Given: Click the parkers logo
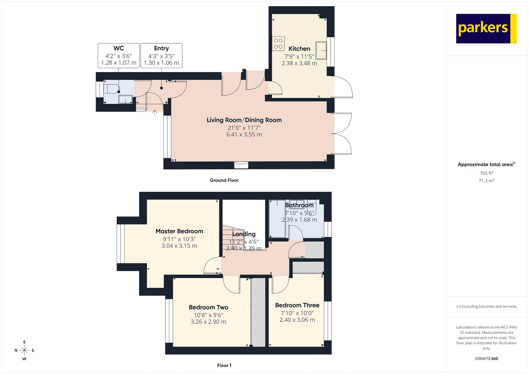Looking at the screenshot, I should [x=486, y=28].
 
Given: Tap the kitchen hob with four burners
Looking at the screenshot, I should [x=278, y=43].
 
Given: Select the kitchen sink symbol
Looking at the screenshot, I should [x=321, y=50].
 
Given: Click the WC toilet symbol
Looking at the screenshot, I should [x=111, y=89].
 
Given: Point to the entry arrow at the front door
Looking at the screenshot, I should [x=154, y=112].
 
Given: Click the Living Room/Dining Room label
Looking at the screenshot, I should [x=244, y=120].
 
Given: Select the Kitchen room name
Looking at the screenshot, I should [x=299, y=49].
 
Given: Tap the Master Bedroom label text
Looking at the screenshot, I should [x=179, y=231].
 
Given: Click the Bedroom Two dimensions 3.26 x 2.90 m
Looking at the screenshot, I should [x=208, y=322].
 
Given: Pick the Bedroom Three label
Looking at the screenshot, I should [x=297, y=305].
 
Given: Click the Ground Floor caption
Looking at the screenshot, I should [x=224, y=180].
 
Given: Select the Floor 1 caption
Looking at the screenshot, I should [x=224, y=365].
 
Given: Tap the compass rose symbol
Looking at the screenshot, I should [x=24, y=350].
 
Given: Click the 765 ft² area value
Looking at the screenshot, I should [x=486, y=173].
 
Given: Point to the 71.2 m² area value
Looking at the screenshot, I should [x=486, y=181].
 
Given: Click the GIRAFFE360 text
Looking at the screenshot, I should [x=486, y=358].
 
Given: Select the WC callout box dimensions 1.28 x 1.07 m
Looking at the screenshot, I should [x=119, y=63].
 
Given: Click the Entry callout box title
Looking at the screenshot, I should [x=161, y=48].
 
